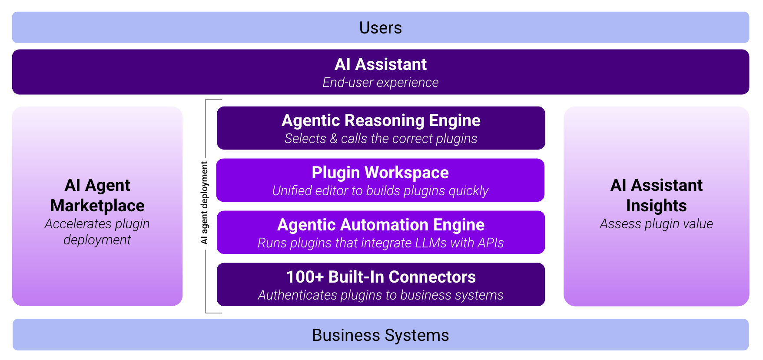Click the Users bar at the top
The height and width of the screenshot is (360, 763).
click(x=381, y=28)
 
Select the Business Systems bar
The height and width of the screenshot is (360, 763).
click(x=381, y=335)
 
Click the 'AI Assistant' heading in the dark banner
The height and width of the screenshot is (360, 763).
click(x=381, y=64)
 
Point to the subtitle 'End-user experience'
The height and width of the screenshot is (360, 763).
click(x=381, y=82)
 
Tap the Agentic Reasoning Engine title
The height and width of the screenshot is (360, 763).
click(x=381, y=120)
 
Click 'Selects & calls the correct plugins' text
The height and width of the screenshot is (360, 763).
click(x=381, y=138)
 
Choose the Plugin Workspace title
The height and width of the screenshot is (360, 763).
click(x=380, y=173)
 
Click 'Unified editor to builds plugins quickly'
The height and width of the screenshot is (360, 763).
click(x=380, y=190)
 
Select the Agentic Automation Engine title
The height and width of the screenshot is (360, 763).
click(x=381, y=225)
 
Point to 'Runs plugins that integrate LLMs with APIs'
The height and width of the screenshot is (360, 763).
click(x=381, y=243)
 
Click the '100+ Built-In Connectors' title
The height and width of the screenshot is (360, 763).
click(x=381, y=277)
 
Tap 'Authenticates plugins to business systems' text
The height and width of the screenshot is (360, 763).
click(x=381, y=295)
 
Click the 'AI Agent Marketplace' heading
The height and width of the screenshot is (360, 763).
click(x=97, y=195)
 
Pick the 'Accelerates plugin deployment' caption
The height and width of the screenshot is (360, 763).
click(x=97, y=231)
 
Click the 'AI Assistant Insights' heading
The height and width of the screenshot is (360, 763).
click(x=656, y=195)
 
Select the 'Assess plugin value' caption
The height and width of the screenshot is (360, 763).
click(x=656, y=223)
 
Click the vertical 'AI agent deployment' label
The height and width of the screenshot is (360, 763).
click(x=204, y=203)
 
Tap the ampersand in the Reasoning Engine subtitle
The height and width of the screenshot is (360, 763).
click(x=333, y=138)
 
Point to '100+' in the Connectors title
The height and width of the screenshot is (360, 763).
click(x=305, y=277)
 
